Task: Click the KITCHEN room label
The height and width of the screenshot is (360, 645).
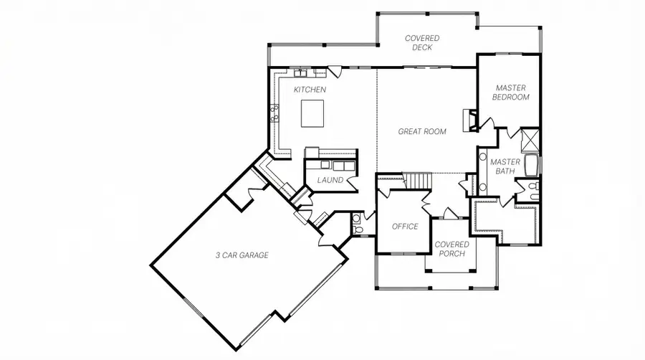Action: click(310, 90)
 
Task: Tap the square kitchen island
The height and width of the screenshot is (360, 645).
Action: click(312, 113)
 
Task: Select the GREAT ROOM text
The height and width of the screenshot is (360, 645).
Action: click(422, 131)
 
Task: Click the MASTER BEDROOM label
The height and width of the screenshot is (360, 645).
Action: click(512, 92)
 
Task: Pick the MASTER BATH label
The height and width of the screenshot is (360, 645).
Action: click(505, 166)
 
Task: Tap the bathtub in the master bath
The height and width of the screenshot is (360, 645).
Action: click(531, 166)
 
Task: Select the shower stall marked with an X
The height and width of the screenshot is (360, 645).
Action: click(531, 138)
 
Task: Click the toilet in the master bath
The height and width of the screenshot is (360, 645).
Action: click(534, 189)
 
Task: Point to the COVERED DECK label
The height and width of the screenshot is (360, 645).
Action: click(422, 42)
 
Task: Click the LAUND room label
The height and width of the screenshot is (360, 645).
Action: click(330, 180)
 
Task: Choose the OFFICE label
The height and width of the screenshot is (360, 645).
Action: click(405, 227)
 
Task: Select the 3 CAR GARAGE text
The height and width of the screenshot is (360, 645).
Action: click(242, 255)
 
